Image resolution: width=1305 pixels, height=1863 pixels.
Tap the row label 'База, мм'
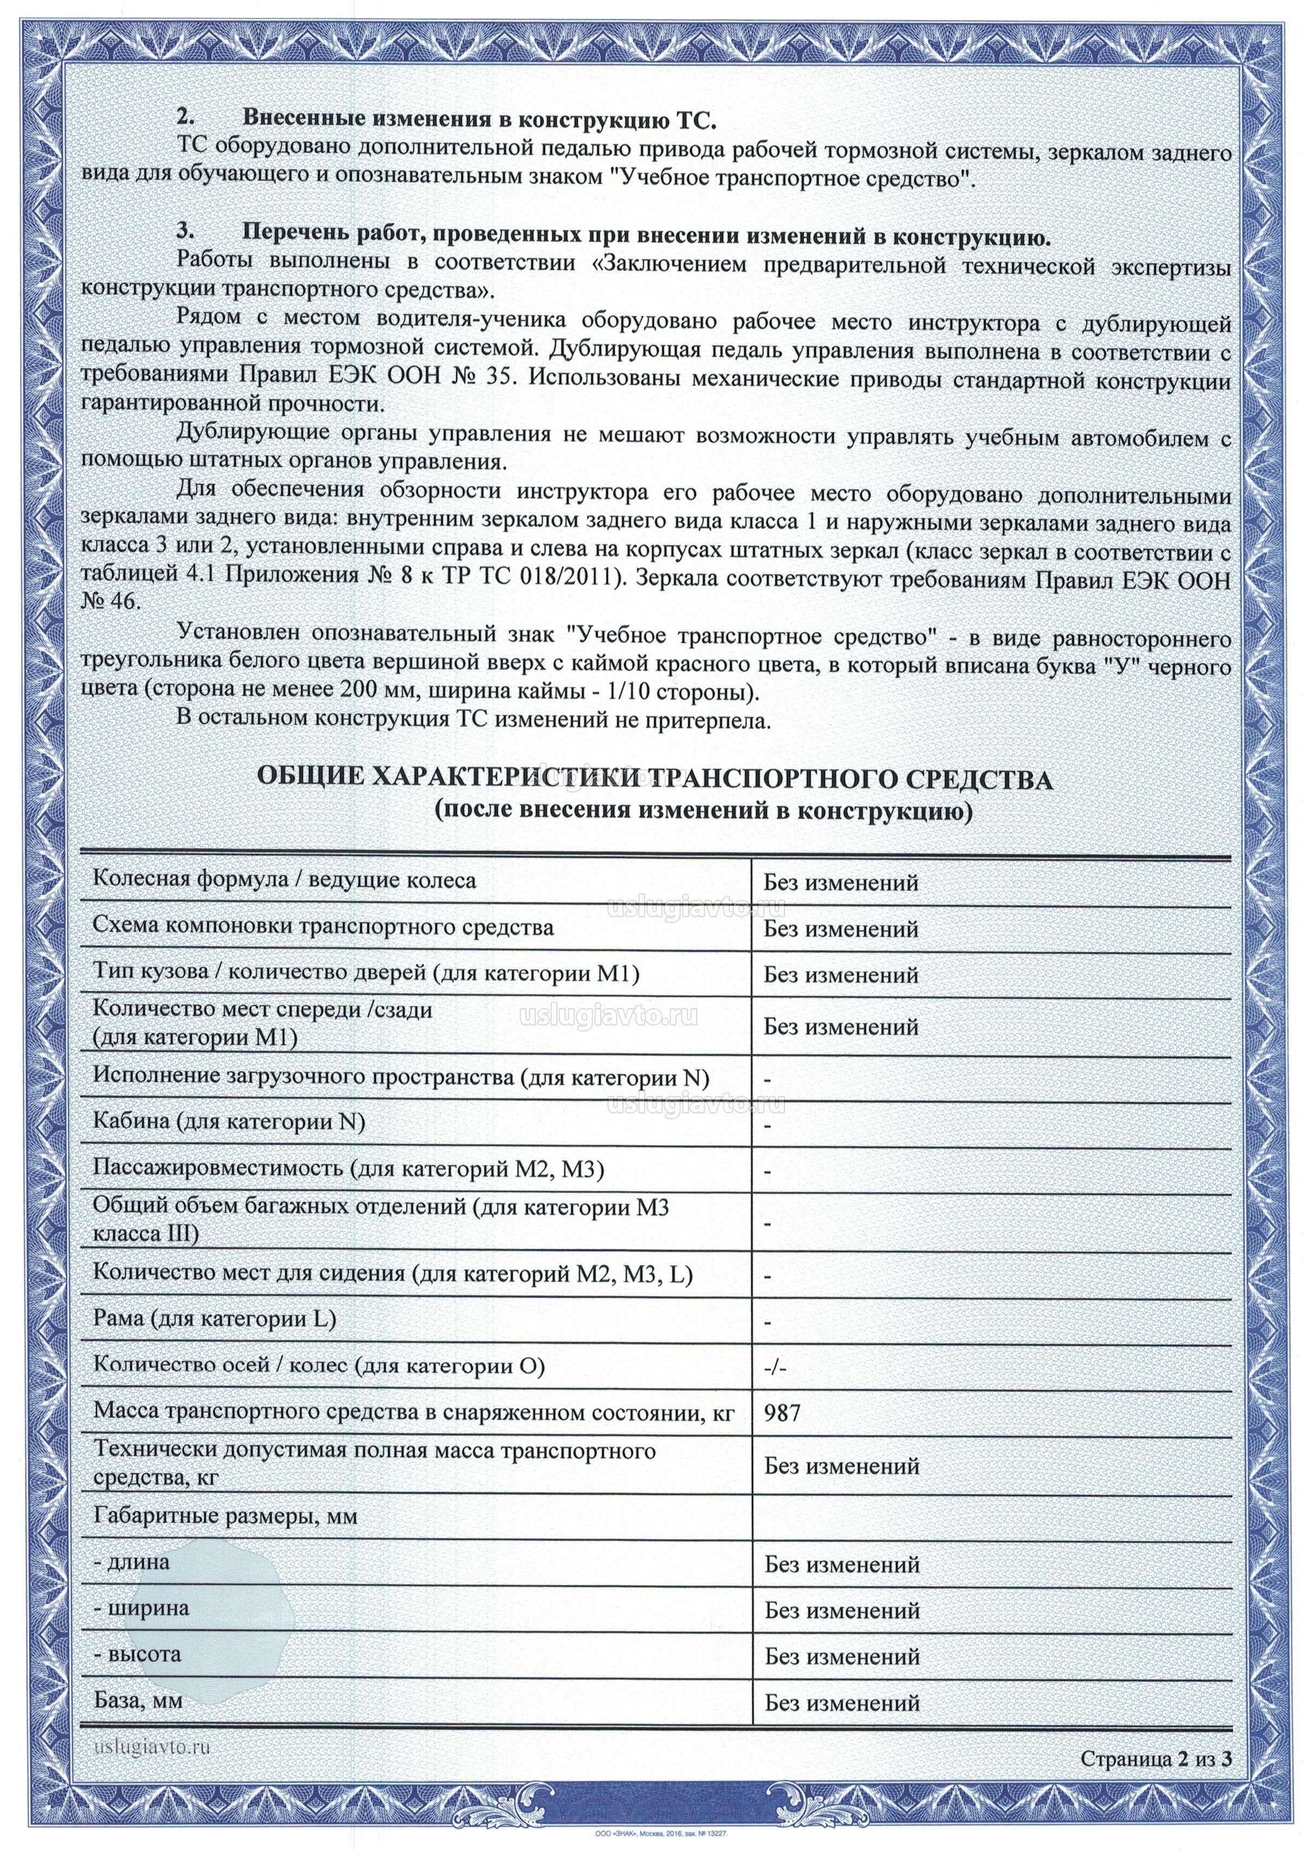click(x=138, y=1700)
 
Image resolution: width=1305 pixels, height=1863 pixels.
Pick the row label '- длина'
click(x=132, y=1562)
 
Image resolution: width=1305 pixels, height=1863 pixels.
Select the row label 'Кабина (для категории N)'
click(x=230, y=1122)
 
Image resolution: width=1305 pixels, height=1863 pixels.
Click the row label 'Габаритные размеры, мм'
click(x=225, y=1516)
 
